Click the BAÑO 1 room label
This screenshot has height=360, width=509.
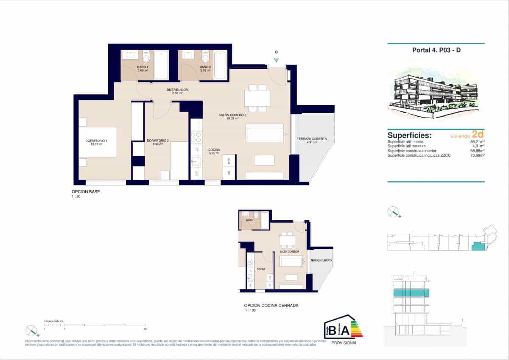[143, 67]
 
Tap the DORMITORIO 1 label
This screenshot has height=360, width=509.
[96, 141]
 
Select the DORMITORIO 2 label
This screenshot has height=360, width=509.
[158, 141]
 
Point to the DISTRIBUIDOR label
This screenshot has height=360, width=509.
[177, 90]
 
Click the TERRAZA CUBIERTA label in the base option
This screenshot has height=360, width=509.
[312, 139]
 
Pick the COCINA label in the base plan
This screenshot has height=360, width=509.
[214, 150]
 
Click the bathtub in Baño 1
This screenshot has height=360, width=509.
[161, 65]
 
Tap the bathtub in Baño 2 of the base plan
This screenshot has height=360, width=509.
[221, 65]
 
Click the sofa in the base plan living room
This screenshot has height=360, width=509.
[265, 133]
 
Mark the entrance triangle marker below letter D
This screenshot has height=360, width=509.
[276, 61]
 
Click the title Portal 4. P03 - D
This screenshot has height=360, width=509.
[436, 50]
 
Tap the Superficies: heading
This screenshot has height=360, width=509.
[409, 135]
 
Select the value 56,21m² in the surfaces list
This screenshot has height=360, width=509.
[478, 142]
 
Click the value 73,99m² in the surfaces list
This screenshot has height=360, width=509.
[478, 156]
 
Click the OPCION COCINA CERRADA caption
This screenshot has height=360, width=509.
[271, 305]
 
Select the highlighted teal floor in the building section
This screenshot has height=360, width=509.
[411, 293]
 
